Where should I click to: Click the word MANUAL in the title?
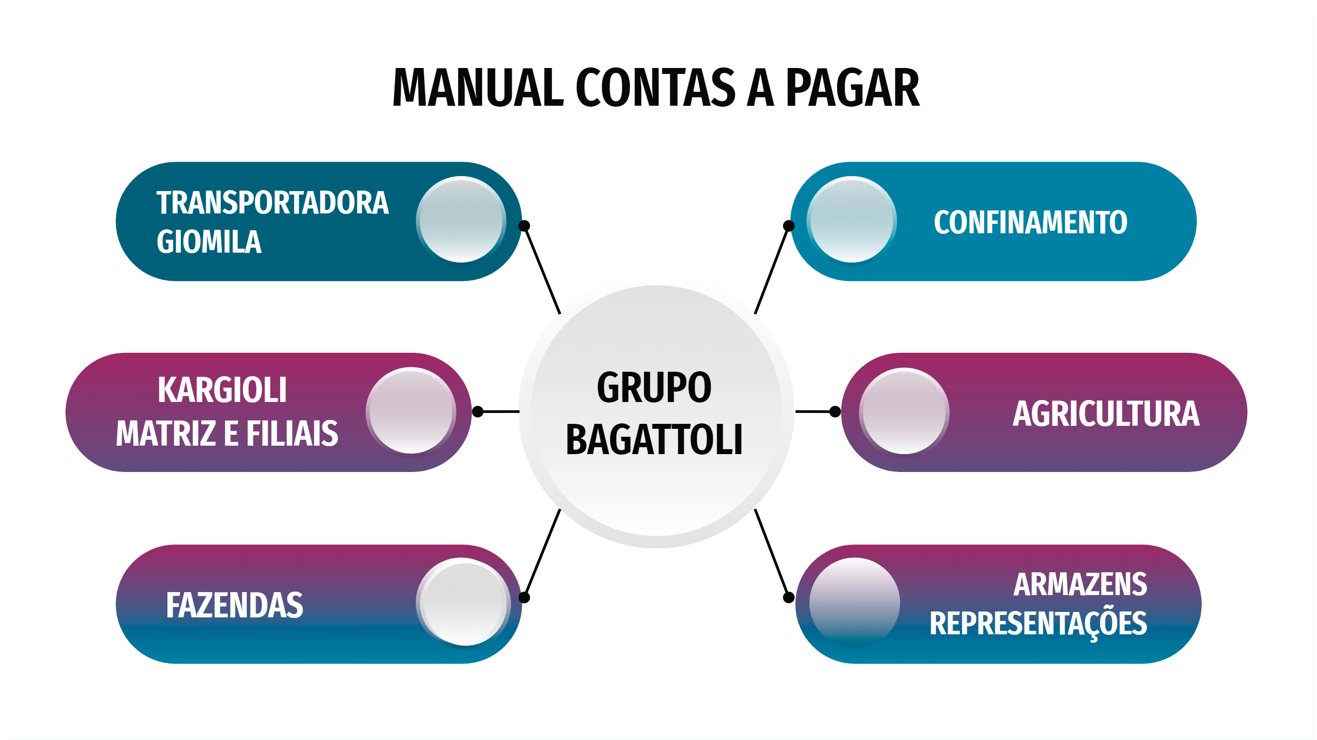tap(478, 88)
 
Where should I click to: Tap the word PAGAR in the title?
tap(852, 88)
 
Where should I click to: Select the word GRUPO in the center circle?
tap(654, 388)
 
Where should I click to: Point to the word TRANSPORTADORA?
tap(273, 203)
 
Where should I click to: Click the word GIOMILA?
tap(209, 242)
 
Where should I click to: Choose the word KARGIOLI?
tap(222, 390)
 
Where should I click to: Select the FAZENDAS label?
tap(235, 605)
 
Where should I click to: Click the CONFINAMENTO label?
tap(1030, 222)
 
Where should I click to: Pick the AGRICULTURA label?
tap(1106, 413)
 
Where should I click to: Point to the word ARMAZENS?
tap(1080, 584)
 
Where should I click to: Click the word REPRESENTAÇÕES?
tap(1038, 624)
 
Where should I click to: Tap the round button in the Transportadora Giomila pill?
tap(461, 220)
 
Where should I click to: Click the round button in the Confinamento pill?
tap(852, 220)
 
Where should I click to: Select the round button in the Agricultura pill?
tap(904, 411)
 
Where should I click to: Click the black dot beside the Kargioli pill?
tap(478, 412)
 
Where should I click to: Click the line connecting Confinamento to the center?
tap(772, 270)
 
